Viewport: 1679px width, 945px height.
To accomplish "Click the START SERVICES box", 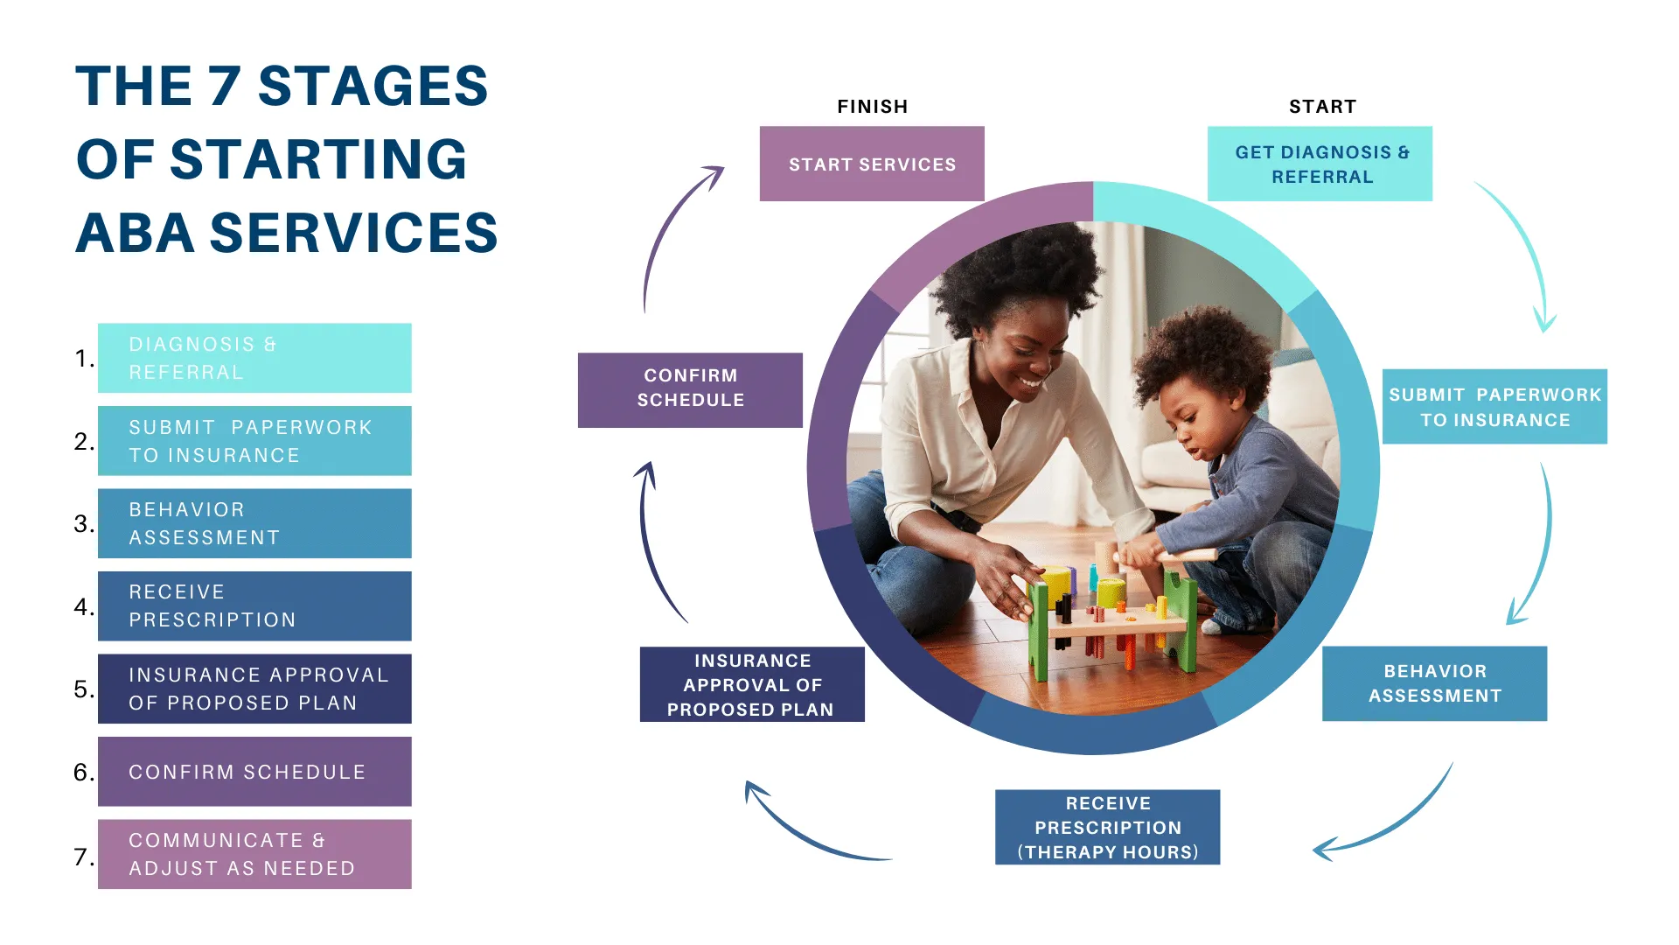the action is point(872,164).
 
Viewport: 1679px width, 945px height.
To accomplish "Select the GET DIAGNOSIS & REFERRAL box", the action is point(1320,164).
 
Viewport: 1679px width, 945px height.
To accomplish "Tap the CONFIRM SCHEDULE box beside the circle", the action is point(690,390).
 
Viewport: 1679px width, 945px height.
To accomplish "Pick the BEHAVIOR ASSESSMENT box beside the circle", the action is point(1434,683).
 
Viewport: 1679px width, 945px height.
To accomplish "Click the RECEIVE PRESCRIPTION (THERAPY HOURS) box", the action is point(1107,827).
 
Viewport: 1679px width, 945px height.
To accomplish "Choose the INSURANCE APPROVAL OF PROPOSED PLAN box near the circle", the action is point(752,684).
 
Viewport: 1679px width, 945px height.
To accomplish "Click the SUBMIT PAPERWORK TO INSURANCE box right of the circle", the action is point(1494,407).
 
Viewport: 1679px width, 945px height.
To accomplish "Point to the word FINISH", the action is point(873,107).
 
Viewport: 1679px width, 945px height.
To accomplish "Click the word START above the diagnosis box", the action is point(1322,107).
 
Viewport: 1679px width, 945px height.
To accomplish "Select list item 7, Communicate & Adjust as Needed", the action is point(254,854).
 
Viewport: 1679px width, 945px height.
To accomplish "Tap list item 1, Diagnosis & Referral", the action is point(254,358).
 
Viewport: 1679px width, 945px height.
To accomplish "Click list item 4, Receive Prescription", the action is point(254,605).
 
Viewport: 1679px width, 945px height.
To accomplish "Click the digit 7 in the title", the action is point(225,86).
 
